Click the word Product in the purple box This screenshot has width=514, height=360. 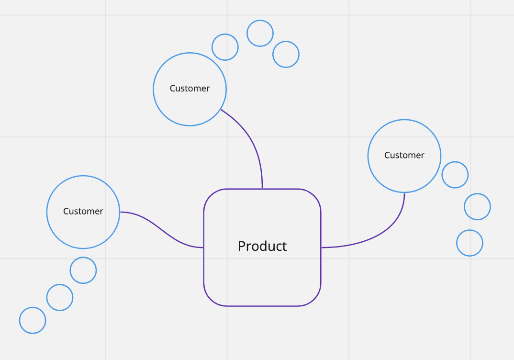262,246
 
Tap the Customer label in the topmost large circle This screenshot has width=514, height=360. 190,89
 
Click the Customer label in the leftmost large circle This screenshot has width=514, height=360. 83,211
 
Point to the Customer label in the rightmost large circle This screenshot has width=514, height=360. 404,155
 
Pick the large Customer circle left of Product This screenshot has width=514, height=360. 83,230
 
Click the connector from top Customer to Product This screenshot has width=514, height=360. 254,144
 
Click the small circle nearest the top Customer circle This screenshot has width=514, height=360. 225,47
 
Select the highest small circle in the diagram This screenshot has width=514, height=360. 260,34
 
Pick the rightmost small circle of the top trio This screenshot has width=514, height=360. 286,54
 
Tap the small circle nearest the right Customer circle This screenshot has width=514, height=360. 455,175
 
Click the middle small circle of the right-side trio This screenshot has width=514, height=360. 477,207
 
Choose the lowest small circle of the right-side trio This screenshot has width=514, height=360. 469,243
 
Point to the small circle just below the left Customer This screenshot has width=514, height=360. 83,270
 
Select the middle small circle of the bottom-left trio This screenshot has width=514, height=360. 60,298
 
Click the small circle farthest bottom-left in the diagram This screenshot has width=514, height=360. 33,320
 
